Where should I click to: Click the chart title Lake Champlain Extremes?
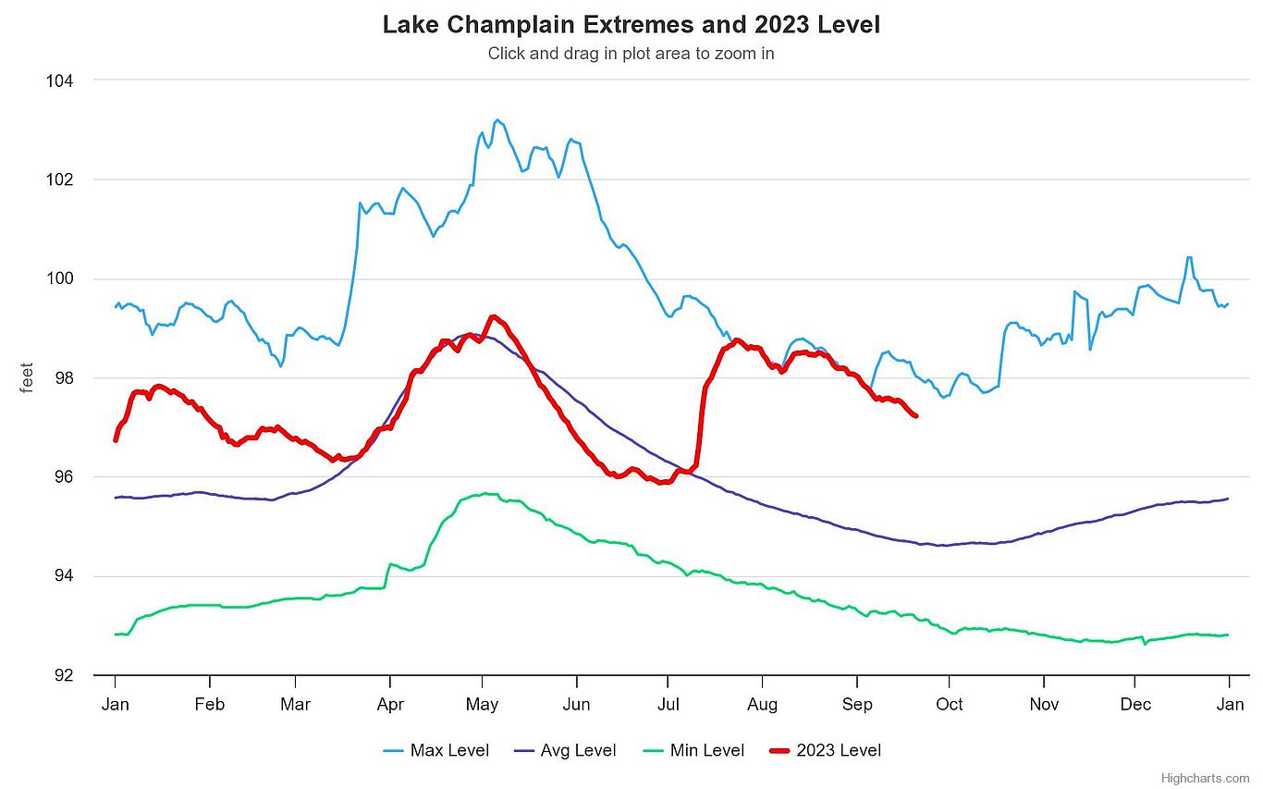coord(631,25)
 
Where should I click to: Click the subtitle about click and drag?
coord(631,54)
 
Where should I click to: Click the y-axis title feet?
coord(27,377)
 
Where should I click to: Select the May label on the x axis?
coord(482,705)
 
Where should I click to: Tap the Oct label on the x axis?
coord(949,705)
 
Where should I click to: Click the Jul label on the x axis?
coord(668,705)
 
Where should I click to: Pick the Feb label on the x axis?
coord(209,705)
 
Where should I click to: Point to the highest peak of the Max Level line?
coord(497,119)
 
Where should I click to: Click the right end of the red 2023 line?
coord(915,416)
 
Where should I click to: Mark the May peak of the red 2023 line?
coord(493,316)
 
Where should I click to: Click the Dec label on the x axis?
coord(1135,705)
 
